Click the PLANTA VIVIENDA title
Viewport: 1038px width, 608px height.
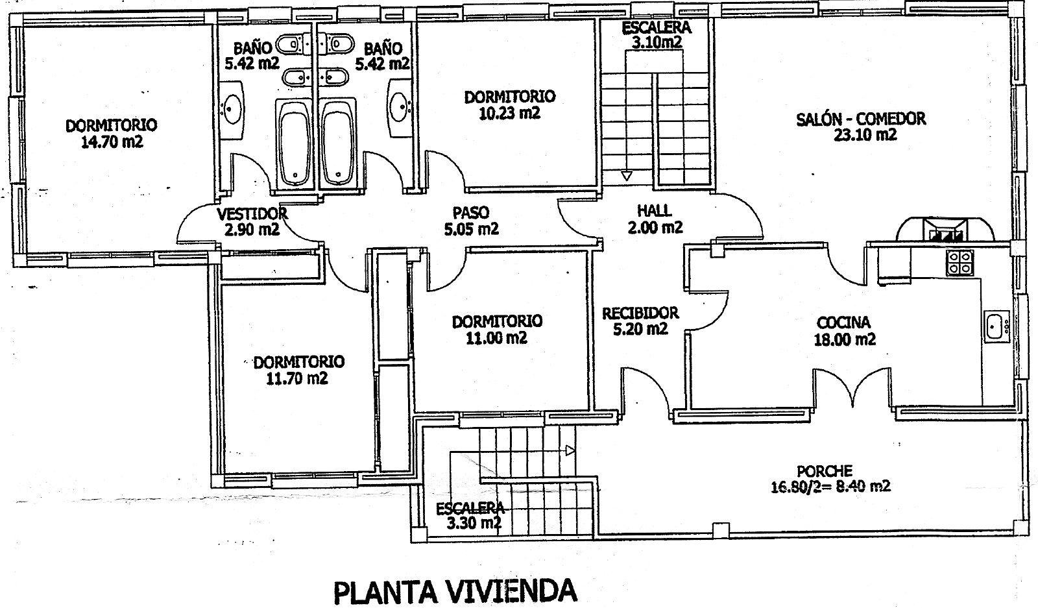click(455, 591)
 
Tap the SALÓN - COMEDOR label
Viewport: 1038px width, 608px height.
click(861, 119)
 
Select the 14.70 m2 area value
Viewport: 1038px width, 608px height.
click(112, 142)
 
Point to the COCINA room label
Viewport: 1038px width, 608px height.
click(843, 322)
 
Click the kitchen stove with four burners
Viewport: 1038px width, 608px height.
click(960, 263)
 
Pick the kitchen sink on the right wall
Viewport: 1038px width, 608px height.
click(996, 326)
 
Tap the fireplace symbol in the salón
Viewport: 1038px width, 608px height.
click(945, 230)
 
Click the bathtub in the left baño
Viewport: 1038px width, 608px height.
click(294, 143)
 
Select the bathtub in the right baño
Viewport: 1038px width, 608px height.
click(338, 143)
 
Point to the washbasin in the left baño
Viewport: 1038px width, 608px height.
click(231, 110)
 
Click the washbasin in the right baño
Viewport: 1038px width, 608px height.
click(399, 108)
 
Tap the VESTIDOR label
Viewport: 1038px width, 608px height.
click(252, 213)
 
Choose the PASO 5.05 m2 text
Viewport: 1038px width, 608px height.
click(471, 221)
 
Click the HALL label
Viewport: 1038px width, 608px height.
click(655, 211)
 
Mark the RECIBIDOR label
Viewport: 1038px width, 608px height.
click(640, 313)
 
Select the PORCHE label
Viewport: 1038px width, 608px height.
click(825, 471)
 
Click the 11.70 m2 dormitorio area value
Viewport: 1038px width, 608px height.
click(297, 378)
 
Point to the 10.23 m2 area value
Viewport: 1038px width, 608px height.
click(509, 113)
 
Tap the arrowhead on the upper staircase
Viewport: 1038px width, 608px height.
click(627, 176)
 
